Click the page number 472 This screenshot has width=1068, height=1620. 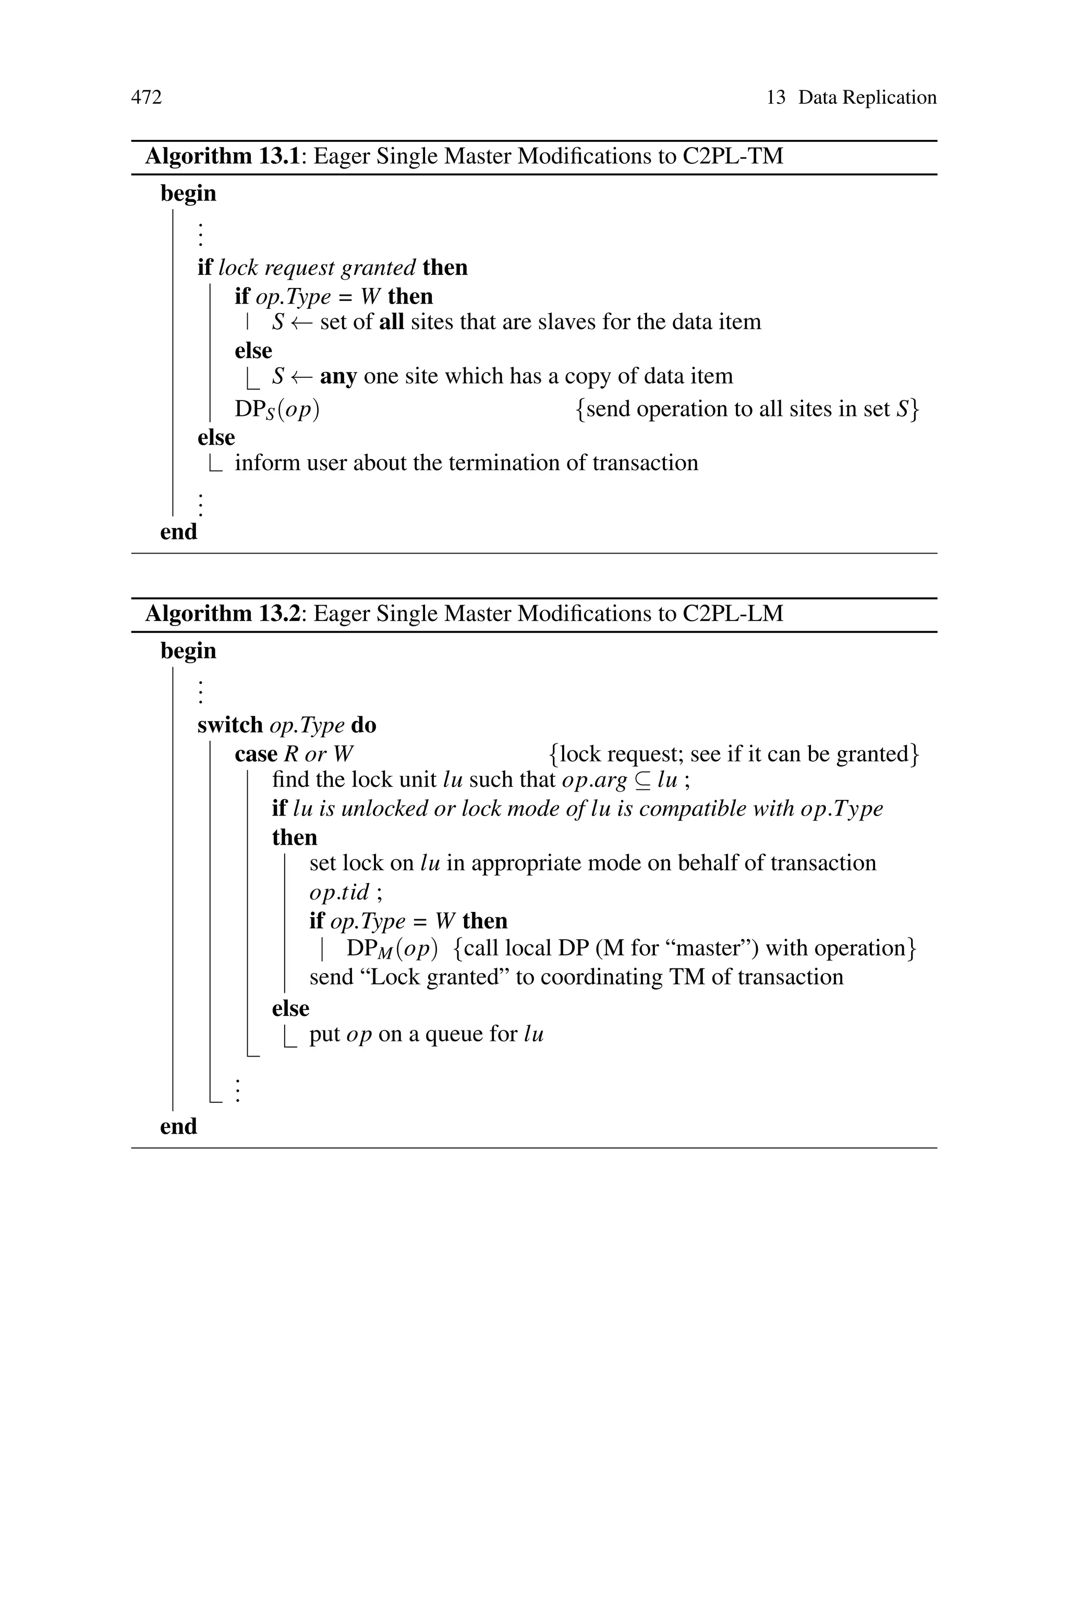(147, 98)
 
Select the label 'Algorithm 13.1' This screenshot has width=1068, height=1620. (222, 157)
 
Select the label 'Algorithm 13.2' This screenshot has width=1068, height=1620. (222, 614)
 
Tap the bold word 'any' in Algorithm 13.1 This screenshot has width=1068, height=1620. (338, 376)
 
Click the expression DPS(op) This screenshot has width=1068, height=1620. (276, 410)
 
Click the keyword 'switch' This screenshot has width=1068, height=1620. (229, 725)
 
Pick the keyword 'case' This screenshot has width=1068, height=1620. (256, 754)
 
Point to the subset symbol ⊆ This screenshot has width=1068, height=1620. (642, 780)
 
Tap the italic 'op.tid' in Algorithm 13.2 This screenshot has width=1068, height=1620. (338, 892)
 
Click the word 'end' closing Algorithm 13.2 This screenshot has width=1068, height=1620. (178, 1127)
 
